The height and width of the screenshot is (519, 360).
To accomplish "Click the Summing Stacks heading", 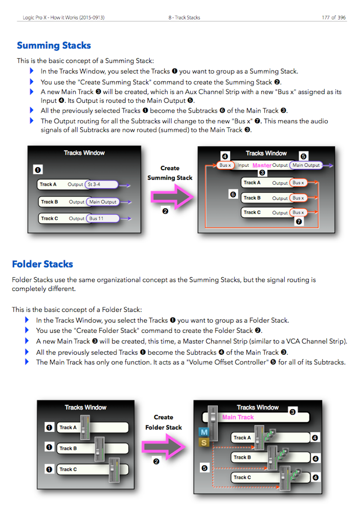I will coord(54,46).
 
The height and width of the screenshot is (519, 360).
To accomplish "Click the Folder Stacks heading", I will coord(42,264).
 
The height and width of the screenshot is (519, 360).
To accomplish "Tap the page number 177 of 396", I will coord(333,17).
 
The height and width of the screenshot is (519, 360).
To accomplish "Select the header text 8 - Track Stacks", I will coord(184,17).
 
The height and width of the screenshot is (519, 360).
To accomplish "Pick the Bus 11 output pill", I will coord(102,218).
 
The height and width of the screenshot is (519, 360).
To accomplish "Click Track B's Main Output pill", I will coord(102,201).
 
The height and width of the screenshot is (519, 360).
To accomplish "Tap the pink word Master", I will coord(262,165).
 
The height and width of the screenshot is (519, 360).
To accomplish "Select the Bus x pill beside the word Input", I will coord(225,165).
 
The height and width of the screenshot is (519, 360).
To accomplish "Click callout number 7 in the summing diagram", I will coord(299,222).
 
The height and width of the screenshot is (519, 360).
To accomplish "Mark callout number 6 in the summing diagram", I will coord(233,194).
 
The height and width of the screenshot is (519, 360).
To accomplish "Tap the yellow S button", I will coord(204,442).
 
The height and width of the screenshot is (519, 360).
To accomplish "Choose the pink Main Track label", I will coord(238,417).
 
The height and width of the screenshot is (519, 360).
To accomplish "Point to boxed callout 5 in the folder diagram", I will coord(205,467).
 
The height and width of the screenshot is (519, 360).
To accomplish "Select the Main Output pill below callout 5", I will coord(305,165).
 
